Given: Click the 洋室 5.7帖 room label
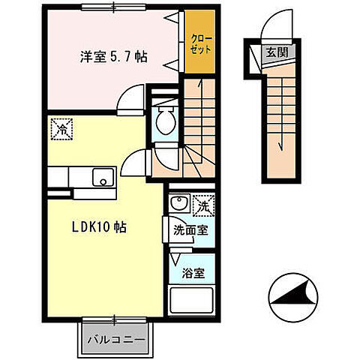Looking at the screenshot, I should click(x=113, y=55).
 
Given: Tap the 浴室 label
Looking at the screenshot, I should click(x=191, y=274).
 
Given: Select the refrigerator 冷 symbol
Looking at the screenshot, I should click(x=61, y=130).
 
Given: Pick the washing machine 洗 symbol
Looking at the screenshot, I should click(x=202, y=204).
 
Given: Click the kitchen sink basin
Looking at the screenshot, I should click(x=101, y=178).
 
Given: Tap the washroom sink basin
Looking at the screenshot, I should click(x=178, y=203).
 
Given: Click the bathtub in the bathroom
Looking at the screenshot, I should click(x=192, y=301).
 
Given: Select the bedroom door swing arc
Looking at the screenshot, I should click(x=133, y=97).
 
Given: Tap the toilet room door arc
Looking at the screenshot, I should click(x=136, y=160).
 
